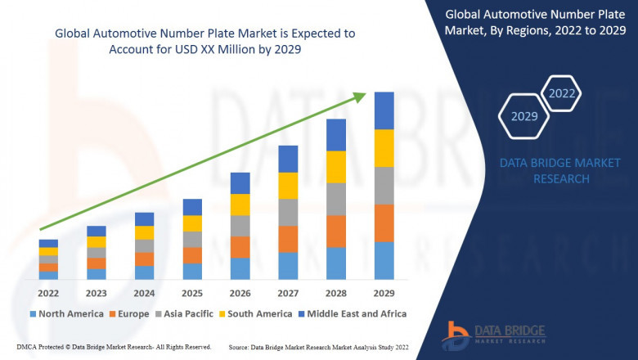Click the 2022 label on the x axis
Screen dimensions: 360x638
click(x=48, y=293)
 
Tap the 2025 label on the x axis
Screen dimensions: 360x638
click(x=192, y=293)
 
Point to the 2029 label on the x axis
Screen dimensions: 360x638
click(x=384, y=293)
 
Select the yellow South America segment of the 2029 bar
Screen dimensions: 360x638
click(x=384, y=148)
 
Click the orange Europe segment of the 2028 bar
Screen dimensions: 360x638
click(x=336, y=232)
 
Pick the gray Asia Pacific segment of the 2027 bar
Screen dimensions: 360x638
click(x=288, y=212)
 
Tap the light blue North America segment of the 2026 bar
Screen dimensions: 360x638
click(x=240, y=268)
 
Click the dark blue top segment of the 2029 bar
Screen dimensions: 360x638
click(x=384, y=110)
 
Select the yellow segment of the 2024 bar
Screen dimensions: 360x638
click(x=144, y=232)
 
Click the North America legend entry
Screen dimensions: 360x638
click(x=66, y=313)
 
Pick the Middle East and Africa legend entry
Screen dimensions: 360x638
click(x=355, y=313)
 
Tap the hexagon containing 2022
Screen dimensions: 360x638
click(x=562, y=93)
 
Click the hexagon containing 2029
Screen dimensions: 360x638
click(x=524, y=117)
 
